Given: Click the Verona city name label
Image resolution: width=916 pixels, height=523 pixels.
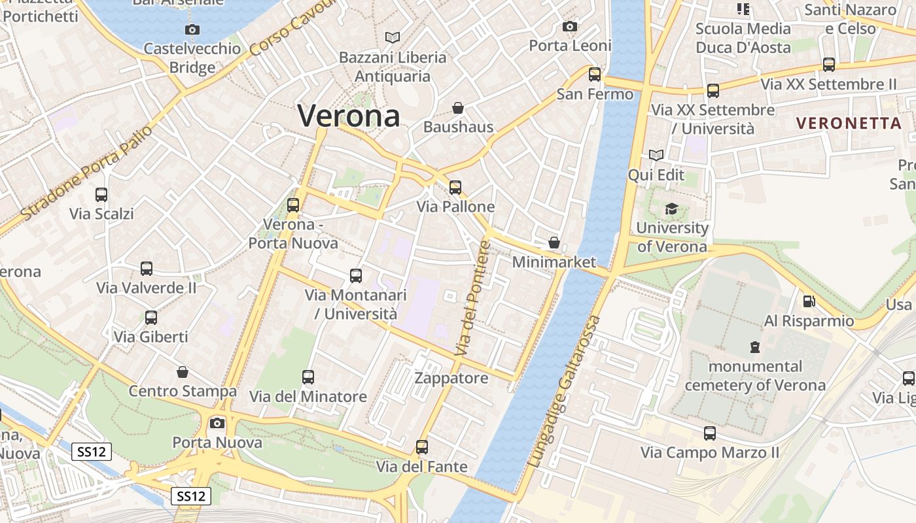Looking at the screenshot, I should [348, 116].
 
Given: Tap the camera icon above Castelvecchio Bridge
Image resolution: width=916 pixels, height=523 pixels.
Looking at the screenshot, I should [192, 29].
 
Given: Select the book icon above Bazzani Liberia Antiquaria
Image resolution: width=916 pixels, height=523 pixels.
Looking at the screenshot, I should [393, 38].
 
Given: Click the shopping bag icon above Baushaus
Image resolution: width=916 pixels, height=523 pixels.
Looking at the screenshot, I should [458, 107].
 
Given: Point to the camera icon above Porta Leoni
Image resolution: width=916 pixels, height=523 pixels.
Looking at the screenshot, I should [570, 26].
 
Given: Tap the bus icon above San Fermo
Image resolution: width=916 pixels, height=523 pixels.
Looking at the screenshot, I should [595, 75].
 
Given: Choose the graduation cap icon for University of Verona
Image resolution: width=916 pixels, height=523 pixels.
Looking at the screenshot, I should [671, 209].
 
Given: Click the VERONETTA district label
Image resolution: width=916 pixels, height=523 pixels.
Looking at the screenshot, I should [849, 123].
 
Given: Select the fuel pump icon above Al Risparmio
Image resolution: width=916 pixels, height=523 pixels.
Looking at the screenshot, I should [809, 301].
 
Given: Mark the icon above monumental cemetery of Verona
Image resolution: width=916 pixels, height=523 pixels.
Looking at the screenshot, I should [755, 346].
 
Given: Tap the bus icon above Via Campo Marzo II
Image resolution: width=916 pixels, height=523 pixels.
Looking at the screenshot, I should [710, 433].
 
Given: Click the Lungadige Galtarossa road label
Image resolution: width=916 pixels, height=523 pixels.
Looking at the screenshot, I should [563, 391].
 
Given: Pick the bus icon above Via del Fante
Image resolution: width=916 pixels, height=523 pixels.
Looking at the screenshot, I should [422, 447].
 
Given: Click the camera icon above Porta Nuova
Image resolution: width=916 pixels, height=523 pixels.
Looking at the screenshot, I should [217, 423].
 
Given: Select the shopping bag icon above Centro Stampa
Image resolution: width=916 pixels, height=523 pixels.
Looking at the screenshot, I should [183, 372].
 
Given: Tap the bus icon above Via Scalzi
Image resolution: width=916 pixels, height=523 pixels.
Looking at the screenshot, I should [101, 194].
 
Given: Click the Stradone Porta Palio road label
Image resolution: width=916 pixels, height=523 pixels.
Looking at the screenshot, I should [86, 172].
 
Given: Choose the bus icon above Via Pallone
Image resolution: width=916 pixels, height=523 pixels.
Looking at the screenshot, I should [455, 188].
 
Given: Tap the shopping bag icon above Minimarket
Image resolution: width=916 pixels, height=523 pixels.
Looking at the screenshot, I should [554, 243].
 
